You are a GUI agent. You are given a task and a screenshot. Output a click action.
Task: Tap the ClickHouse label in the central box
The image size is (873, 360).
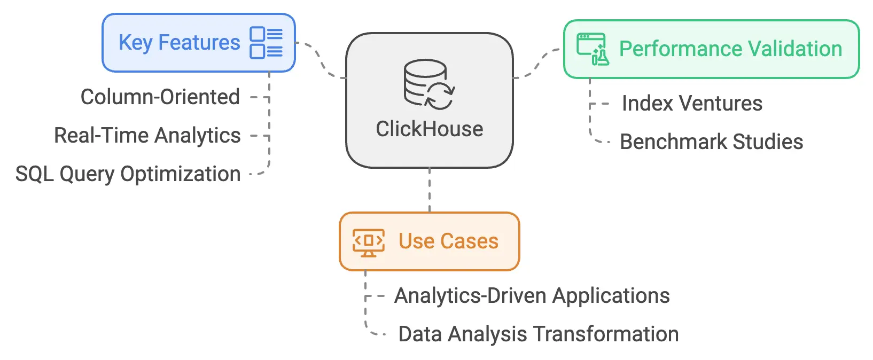[x=430, y=129]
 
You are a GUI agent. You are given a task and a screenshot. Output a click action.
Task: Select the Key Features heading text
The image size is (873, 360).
[x=179, y=42]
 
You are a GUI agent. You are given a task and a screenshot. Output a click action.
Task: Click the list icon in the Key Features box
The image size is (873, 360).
[x=266, y=43]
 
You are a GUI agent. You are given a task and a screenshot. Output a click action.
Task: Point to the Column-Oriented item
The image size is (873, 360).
[x=160, y=97]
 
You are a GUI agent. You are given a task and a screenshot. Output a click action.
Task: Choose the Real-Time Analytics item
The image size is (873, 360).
[x=147, y=136]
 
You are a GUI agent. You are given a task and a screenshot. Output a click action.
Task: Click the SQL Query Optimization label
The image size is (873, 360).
[x=128, y=174]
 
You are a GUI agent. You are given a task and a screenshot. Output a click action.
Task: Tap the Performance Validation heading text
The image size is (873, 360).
[x=730, y=49]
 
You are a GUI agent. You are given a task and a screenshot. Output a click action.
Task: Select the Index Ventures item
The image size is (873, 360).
[x=692, y=104]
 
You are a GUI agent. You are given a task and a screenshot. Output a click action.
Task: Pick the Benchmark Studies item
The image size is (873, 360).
[x=711, y=142]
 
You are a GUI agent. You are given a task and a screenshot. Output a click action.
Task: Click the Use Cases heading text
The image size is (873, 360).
[x=448, y=241]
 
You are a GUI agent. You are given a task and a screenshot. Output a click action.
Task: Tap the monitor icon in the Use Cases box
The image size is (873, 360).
[x=368, y=242]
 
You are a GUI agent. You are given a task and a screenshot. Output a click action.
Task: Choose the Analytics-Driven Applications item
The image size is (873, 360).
[x=532, y=296]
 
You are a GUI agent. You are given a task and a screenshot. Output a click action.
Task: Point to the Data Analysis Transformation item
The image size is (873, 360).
[x=538, y=334]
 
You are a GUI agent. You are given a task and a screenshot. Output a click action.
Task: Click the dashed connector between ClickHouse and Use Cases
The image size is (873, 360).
[x=430, y=190]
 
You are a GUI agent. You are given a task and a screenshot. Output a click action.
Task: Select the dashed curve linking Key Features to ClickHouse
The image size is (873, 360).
[x=321, y=60]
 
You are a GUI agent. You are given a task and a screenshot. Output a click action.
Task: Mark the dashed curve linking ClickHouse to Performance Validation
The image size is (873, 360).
[x=537, y=64]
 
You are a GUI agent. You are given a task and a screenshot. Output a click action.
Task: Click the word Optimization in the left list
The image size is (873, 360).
[x=181, y=174]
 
